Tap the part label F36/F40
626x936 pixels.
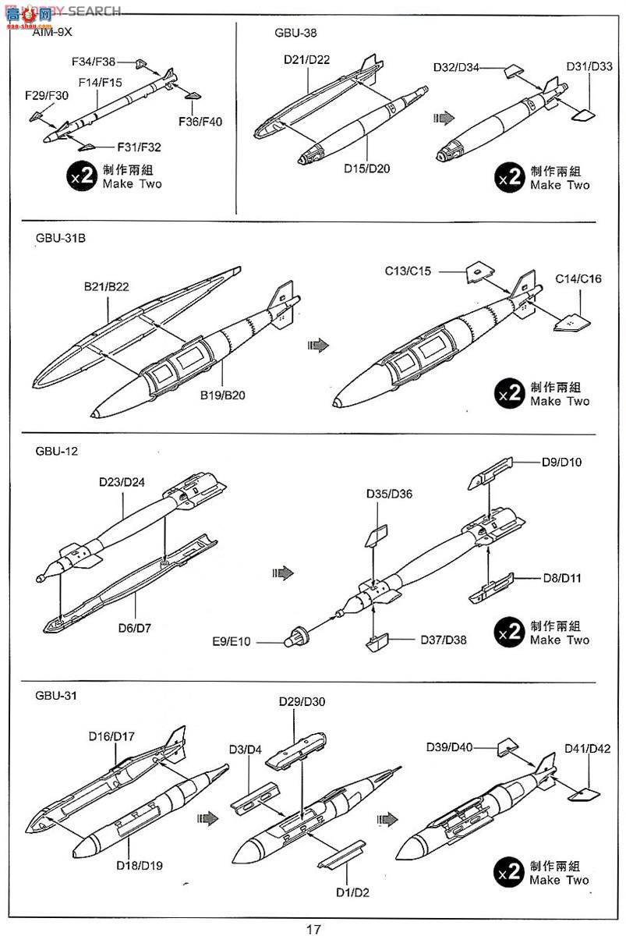200,121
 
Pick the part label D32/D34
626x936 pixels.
457,67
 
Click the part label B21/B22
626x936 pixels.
107,286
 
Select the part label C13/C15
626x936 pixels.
408,271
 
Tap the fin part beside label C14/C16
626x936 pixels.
571,321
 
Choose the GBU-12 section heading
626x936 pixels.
57,451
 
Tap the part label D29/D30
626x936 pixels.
302,701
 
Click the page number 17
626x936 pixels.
313,928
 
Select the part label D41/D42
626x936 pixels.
588,749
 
